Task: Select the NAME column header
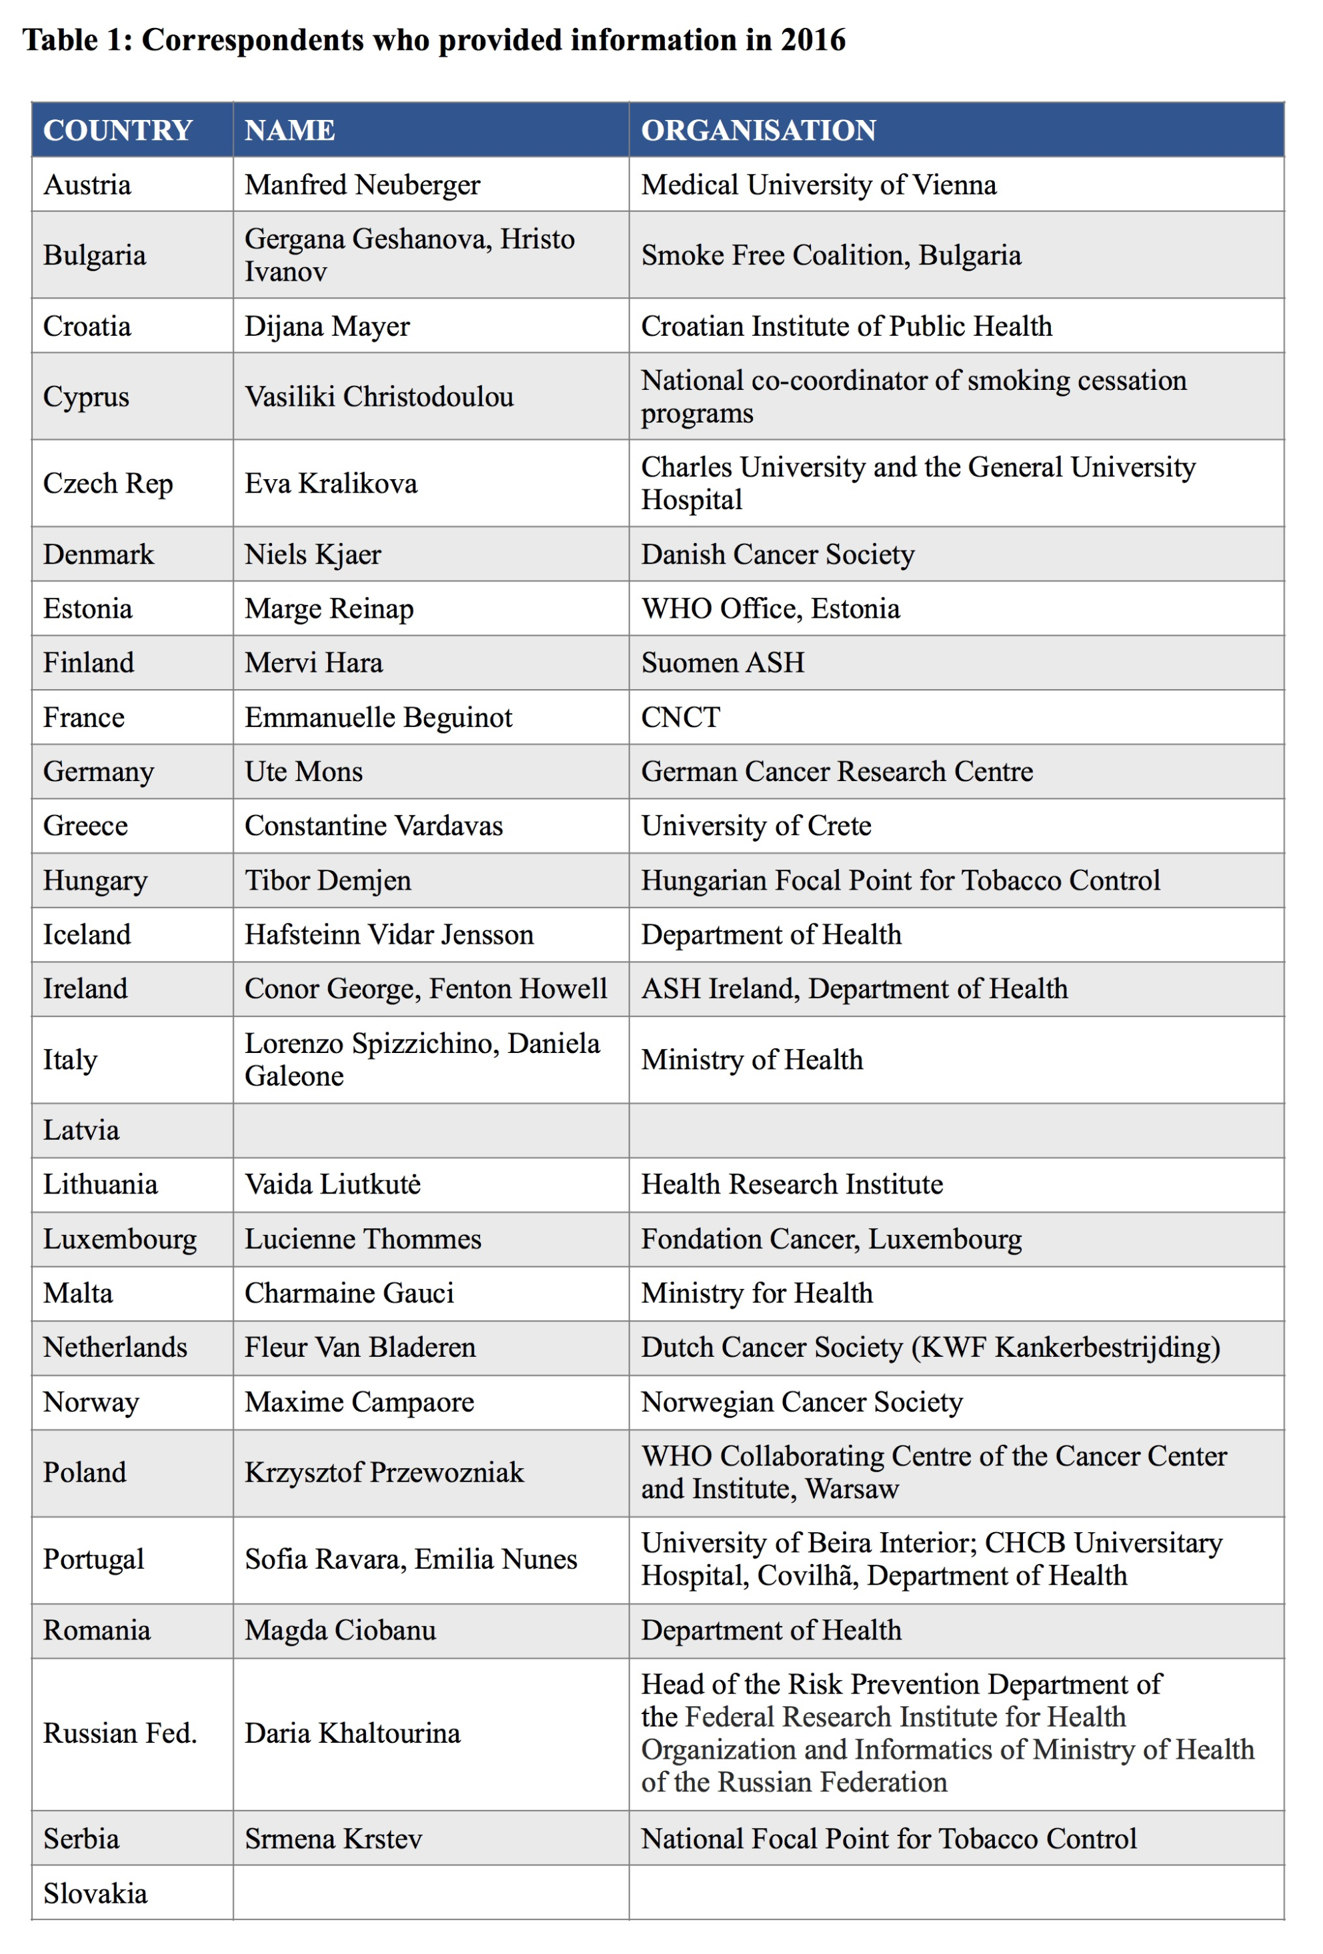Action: [x=289, y=131]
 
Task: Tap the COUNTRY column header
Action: [x=118, y=131]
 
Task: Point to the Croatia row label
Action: [x=87, y=327]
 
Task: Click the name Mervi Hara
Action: [x=313, y=663]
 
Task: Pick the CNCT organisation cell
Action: [x=680, y=718]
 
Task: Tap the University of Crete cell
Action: [x=756, y=826]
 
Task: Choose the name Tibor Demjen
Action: [x=327, y=881]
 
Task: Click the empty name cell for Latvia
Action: [x=430, y=1131]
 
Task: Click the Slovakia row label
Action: [x=95, y=1894]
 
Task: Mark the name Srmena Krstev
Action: [x=333, y=1839]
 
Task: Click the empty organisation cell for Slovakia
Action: [x=956, y=1894]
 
